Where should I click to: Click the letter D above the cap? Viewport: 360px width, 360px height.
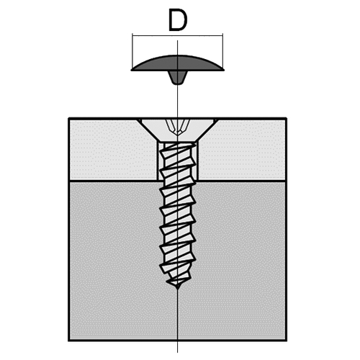coord(178,20)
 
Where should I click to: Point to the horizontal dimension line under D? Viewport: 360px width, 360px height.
coord(178,36)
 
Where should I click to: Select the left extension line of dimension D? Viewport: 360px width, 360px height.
coord(132,51)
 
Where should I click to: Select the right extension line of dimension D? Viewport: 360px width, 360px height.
coord(222,51)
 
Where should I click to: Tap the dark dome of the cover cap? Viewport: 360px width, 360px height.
coord(178,63)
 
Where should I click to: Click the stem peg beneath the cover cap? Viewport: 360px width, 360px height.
coord(178,78)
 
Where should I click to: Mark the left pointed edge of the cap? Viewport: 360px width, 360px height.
coord(131,70)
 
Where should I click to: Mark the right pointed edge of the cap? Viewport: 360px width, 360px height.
coord(224,70)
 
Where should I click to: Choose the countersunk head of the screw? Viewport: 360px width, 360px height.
coord(178,130)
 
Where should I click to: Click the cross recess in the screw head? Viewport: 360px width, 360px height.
coord(178,127)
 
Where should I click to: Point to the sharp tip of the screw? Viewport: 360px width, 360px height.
coord(178,288)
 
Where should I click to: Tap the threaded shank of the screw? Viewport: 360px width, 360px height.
coord(178,215)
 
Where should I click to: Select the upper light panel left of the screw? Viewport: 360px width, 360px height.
coord(113,149)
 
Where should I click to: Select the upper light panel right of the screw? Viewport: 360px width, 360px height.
coord(242,149)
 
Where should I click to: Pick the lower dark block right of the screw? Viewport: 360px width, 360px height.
coord(240,261)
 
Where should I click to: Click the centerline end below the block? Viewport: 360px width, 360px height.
coord(178,352)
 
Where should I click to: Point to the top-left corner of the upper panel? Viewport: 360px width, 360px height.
coord(69,118)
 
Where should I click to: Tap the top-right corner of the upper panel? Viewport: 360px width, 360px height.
coord(286,118)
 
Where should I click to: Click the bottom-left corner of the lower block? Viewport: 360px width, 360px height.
coord(69,340)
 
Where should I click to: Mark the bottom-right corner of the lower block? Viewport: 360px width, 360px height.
coord(286,340)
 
